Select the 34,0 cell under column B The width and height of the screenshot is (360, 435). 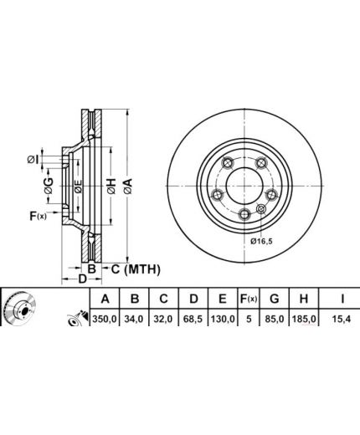click(134, 318)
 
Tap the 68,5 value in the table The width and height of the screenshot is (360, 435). click(193, 318)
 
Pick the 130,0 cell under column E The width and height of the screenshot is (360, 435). click(223, 318)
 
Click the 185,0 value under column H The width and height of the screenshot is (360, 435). click(304, 318)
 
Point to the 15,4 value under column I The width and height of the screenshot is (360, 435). click(342, 318)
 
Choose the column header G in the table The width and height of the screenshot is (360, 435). click(275, 299)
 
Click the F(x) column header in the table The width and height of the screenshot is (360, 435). click(249, 299)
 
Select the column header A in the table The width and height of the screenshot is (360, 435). click(105, 299)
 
